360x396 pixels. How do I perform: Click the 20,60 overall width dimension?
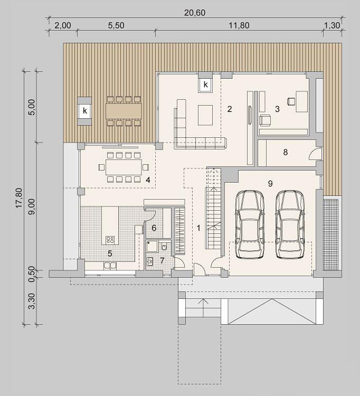[194, 12]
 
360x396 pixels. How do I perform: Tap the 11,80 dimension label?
[239, 25]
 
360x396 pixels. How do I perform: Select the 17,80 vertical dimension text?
[19, 198]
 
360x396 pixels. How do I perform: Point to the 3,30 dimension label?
[32, 301]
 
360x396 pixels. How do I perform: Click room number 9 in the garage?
[270, 183]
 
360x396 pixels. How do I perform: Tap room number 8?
[285, 152]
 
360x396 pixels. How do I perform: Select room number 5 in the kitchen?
[110, 253]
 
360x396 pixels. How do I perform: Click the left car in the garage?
[250, 224]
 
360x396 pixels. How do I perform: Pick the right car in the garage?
[290, 224]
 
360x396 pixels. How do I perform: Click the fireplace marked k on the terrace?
[84, 111]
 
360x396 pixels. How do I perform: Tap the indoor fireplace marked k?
[205, 84]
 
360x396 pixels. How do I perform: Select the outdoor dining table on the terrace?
[124, 111]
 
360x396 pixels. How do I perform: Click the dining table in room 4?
[124, 167]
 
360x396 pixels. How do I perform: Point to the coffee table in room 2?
[205, 115]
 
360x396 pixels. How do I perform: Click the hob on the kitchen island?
[110, 240]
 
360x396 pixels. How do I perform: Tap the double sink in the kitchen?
[110, 266]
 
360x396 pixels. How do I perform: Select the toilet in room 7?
[164, 246]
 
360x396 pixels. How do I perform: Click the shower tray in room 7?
[152, 246]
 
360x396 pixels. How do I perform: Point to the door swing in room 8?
[315, 154]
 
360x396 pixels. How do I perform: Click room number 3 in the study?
[277, 109]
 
